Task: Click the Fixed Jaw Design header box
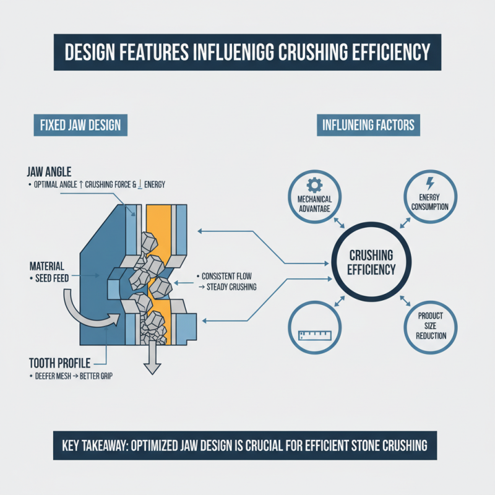pos(80,126)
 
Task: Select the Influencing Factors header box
pos(368,126)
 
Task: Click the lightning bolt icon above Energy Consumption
pos(429,183)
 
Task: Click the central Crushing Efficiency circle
pos(372,262)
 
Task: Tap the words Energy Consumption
pos(429,202)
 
